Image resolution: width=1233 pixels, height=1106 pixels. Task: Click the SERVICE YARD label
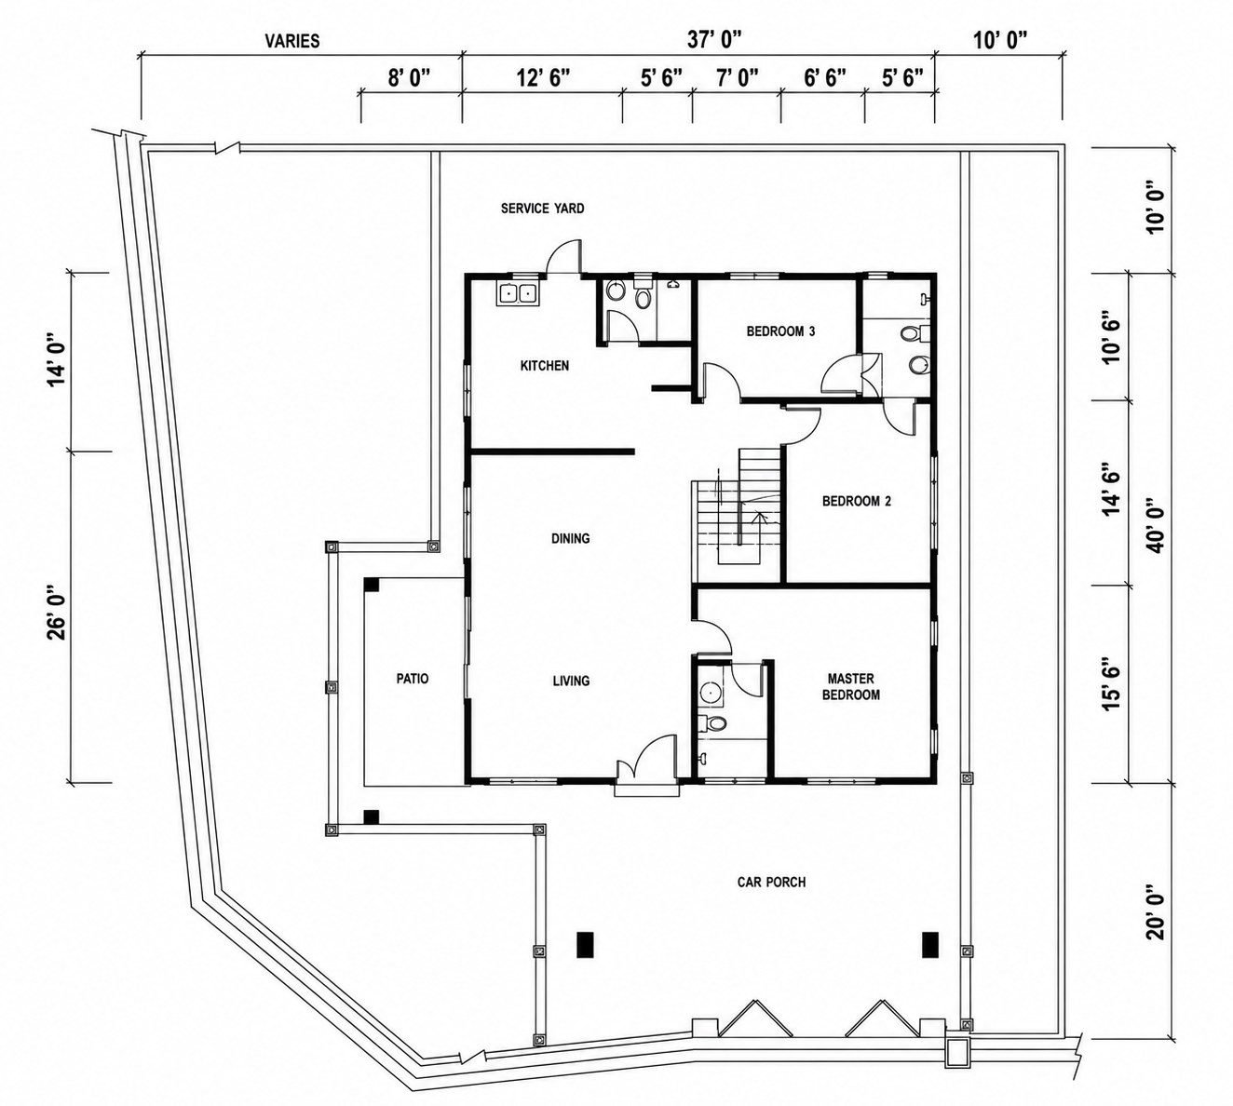coord(542,209)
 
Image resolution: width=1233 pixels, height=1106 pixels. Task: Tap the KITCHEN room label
coord(544,366)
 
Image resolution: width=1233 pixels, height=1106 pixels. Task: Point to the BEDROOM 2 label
coord(856,501)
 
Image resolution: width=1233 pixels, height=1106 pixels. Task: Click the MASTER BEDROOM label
coord(851,686)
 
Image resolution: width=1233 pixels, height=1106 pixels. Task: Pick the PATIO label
coord(412,679)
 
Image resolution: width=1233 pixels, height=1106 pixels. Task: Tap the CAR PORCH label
coord(771,882)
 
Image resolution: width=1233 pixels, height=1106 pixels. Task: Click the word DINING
coord(570,538)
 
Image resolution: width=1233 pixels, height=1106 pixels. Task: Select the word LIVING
coord(571,681)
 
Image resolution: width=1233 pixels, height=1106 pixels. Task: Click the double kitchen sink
coord(517,294)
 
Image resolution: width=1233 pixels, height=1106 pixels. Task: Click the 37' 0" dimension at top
coord(714,41)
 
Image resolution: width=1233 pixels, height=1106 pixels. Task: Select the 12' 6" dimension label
coord(543,78)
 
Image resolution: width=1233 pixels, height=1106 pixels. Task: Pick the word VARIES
coord(292,41)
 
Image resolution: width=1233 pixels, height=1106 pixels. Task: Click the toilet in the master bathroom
coord(713,723)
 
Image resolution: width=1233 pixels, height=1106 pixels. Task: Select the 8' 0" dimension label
coord(409,78)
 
